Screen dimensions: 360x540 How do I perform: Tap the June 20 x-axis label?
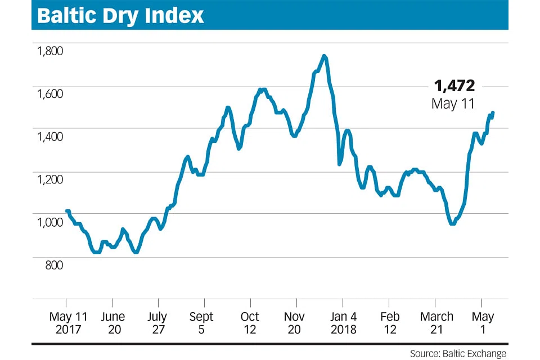(114, 323)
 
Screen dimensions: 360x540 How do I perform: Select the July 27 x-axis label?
(158, 323)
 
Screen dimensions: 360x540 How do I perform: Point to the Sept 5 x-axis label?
(201, 323)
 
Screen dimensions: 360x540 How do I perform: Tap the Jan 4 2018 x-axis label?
(344, 323)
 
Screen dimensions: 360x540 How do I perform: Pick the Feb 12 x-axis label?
(390, 323)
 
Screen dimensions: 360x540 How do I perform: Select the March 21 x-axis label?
(436, 323)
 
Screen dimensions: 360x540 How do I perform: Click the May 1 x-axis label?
(482, 323)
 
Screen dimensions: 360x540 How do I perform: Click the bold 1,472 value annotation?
(454, 86)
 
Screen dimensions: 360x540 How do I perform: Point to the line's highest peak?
(324, 56)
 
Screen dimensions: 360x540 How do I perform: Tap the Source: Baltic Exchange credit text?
(458, 354)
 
